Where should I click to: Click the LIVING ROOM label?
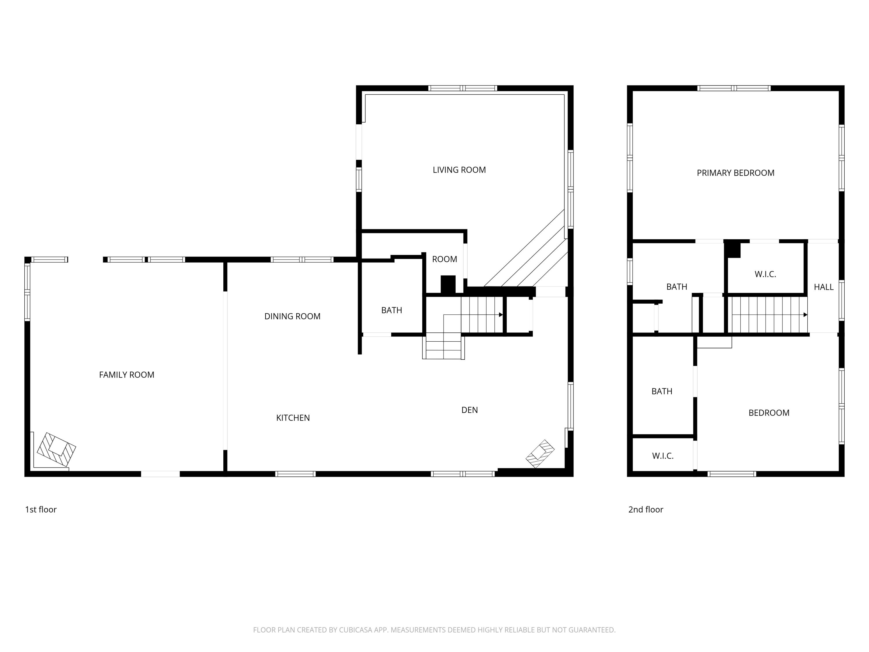click(x=459, y=170)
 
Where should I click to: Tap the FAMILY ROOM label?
click(x=127, y=375)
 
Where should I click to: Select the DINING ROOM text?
click(x=292, y=316)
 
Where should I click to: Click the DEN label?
click(x=470, y=410)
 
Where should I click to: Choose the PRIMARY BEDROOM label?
click(x=735, y=173)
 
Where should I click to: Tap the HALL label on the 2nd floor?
click(x=824, y=287)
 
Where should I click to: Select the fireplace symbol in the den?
click(x=540, y=454)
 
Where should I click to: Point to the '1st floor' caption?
click(x=41, y=509)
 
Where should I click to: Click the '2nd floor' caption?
click(x=645, y=509)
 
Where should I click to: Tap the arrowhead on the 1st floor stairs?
click(x=501, y=315)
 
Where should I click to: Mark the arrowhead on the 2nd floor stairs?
click(x=805, y=315)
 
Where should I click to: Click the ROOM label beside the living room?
click(x=444, y=259)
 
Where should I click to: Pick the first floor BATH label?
click(x=391, y=310)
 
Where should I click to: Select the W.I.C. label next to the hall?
click(x=765, y=274)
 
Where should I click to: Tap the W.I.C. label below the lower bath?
click(x=663, y=456)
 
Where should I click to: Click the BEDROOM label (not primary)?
click(x=769, y=413)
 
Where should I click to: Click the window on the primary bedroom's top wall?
click(x=734, y=88)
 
